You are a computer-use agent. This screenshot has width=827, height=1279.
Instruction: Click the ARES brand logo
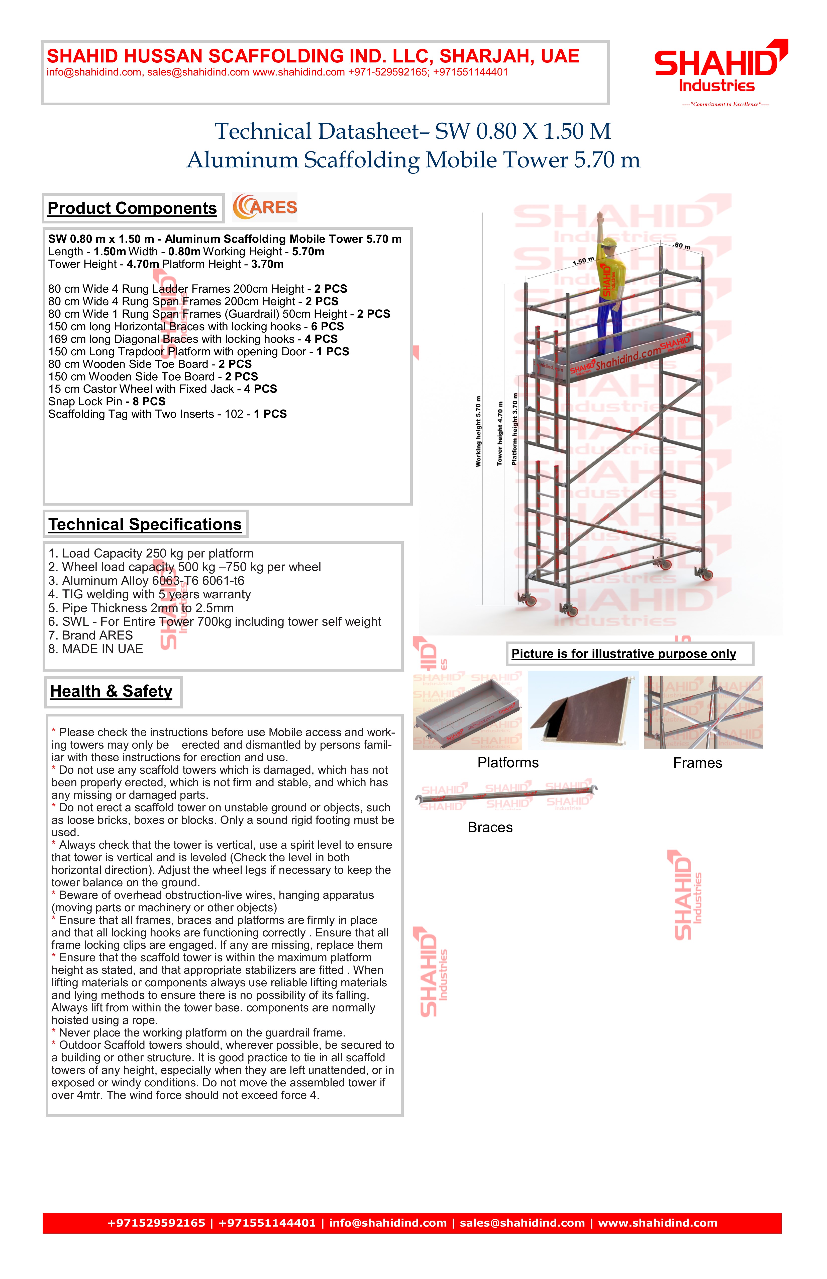tap(265, 207)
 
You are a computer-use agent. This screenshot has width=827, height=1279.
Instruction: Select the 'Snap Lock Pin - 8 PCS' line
tap(107, 402)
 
